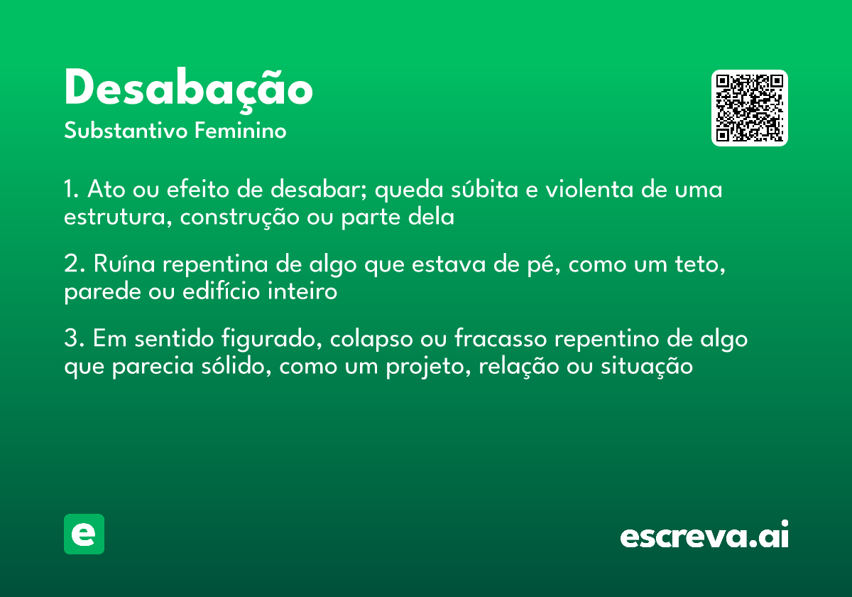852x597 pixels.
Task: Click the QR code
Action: pyautogui.click(x=750, y=108)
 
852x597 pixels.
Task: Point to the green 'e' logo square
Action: pyautogui.click(x=84, y=534)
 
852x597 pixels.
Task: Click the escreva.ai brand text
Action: pyautogui.click(x=704, y=536)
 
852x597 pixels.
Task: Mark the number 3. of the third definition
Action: pyautogui.click(x=75, y=339)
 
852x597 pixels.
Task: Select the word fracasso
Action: pyautogui.click(x=501, y=339)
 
